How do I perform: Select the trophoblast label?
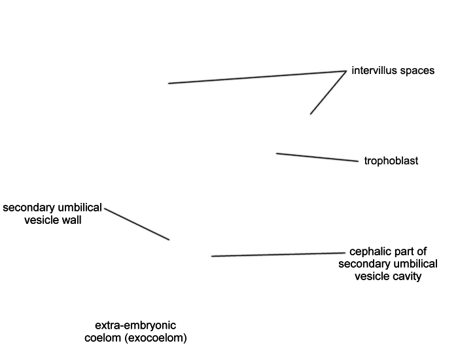pyautogui.click(x=391, y=161)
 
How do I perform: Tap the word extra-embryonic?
pyautogui.click(x=135, y=325)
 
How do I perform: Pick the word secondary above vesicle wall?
pyautogui.click(x=28, y=207)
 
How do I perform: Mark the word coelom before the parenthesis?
pyautogui.click(x=103, y=338)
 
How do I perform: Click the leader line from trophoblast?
pyautogui.click(x=317, y=157)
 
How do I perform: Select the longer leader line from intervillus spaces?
pyautogui.click(x=257, y=77)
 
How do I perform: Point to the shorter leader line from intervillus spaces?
pyautogui.click(x=328, y=92)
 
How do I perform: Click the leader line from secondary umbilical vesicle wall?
pyautogui.click(x=137, y=224)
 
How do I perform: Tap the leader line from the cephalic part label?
pyautogui.click(x=278, y=255)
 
